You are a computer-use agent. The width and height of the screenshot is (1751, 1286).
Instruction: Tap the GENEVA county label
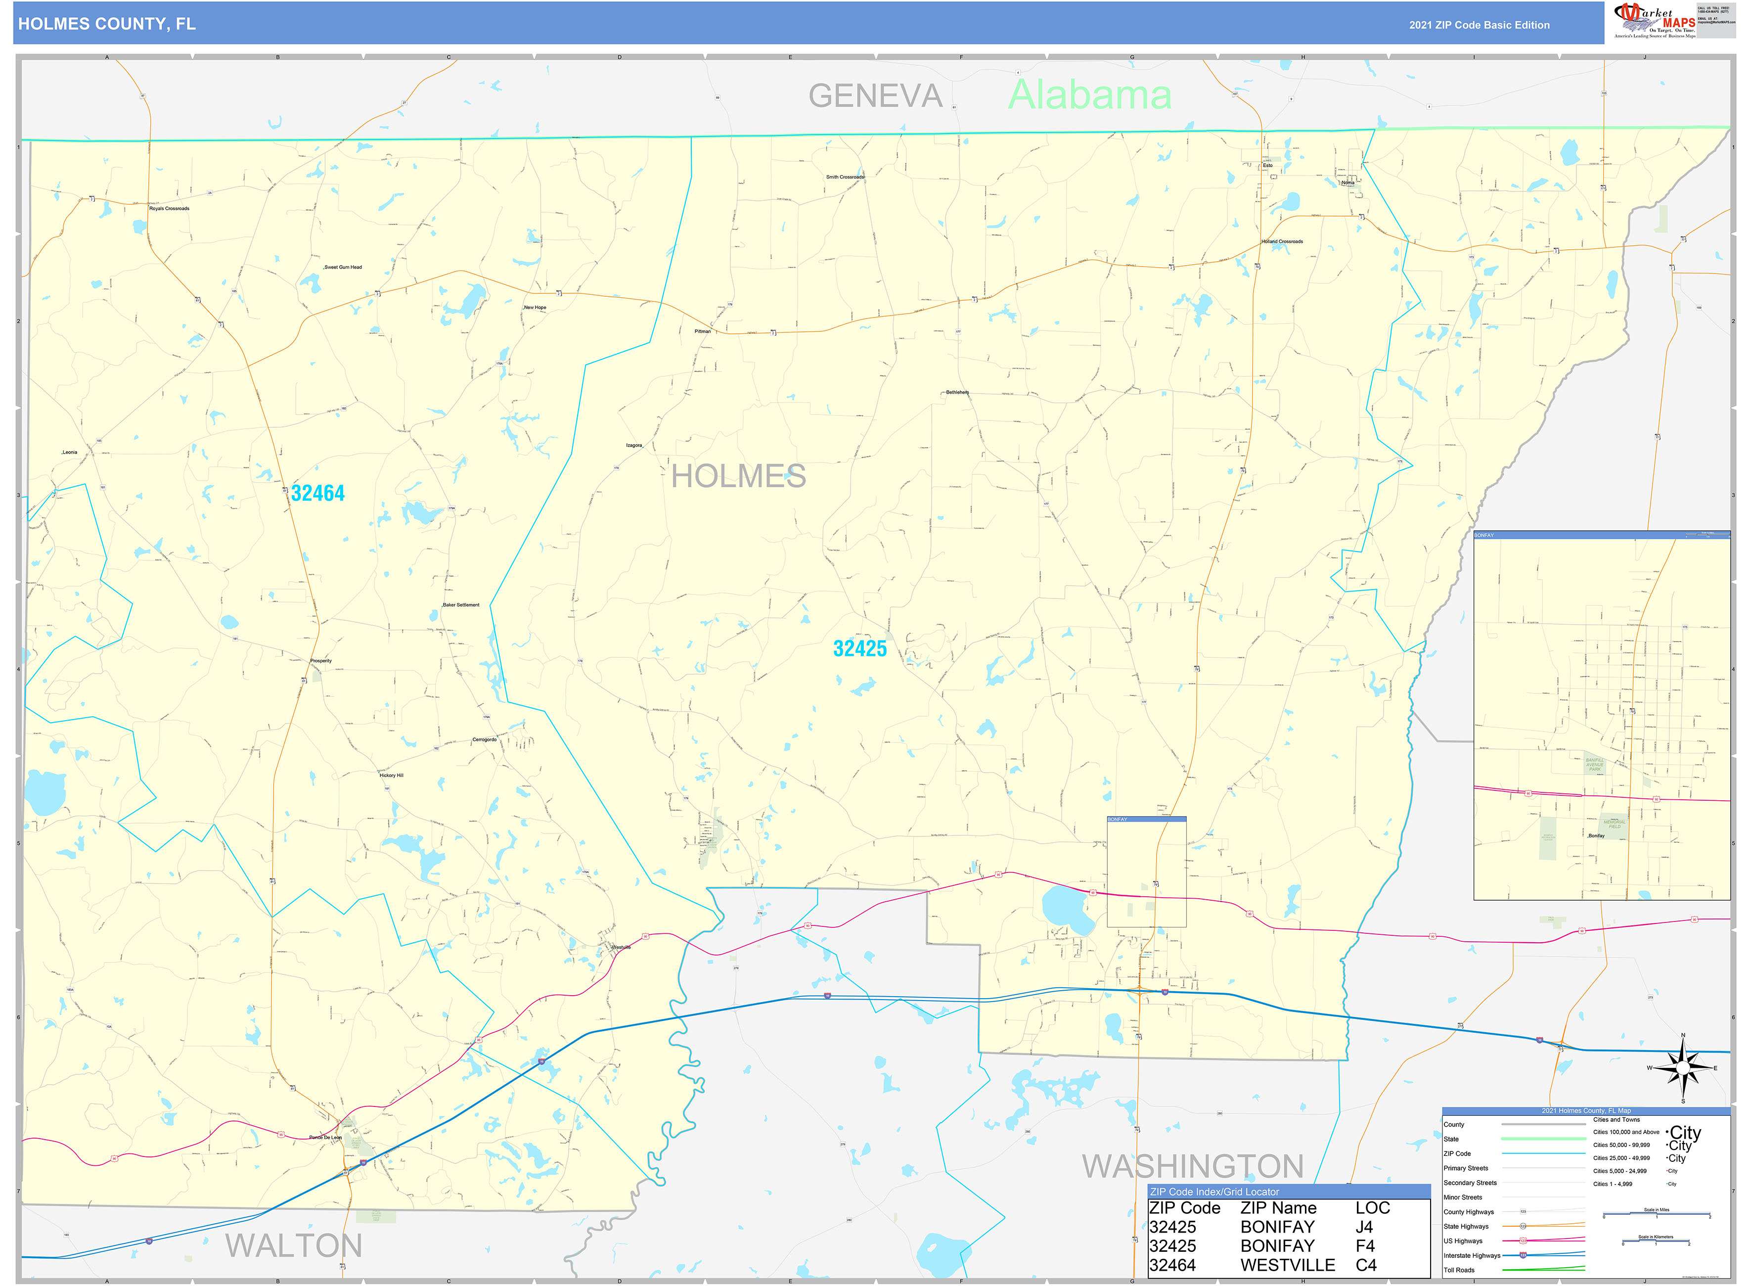coord(875,96)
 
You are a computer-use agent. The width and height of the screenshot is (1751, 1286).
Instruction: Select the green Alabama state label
coord(1089,95)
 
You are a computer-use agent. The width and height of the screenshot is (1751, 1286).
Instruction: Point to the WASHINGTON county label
coord(1192,1166)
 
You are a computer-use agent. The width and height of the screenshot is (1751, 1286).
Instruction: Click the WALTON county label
coord(294,1245)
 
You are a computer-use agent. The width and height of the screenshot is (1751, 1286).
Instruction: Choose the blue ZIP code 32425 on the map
coord(860,648)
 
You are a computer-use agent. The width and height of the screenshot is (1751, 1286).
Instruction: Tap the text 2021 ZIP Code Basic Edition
coord(1479,25)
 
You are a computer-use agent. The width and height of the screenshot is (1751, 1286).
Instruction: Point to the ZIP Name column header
coord(1278,1208)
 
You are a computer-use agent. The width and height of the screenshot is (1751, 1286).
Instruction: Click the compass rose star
coord(1683,1067)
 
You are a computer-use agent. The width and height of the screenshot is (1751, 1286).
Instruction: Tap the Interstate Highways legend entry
coord(1472,1255)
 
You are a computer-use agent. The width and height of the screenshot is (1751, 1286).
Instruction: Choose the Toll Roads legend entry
coord(1459,1270)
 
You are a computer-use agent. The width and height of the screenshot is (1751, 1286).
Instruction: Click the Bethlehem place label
coord(957,392)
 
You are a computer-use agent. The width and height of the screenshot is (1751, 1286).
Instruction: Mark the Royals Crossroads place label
coord(169,209)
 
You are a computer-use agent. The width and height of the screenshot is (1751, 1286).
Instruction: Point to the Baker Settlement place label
coord(461,605)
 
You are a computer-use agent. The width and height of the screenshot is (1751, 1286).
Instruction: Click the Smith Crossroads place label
coord(845,177)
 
